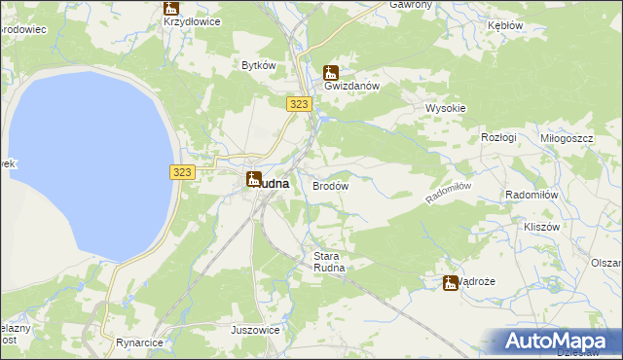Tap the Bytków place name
pos(260,65)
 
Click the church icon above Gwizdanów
pos(331,71)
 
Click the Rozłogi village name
pos(498,138)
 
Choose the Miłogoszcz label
pos(567,138)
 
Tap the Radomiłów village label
pos(531,194)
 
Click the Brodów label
pos(330,185)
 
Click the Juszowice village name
pos(255,330)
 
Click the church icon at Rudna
pos(253,179)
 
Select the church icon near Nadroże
pos(450,282)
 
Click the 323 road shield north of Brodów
pos(299,103)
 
